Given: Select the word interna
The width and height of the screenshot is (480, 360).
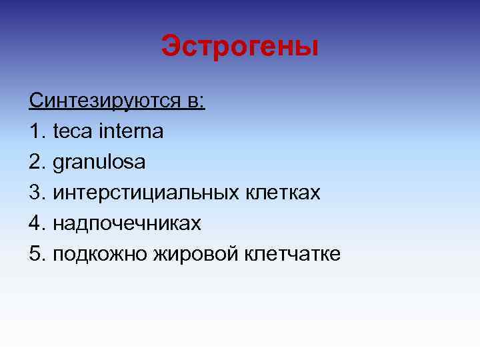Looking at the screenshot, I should point(130,131).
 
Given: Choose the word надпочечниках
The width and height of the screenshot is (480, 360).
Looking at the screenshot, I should point(127,224).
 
